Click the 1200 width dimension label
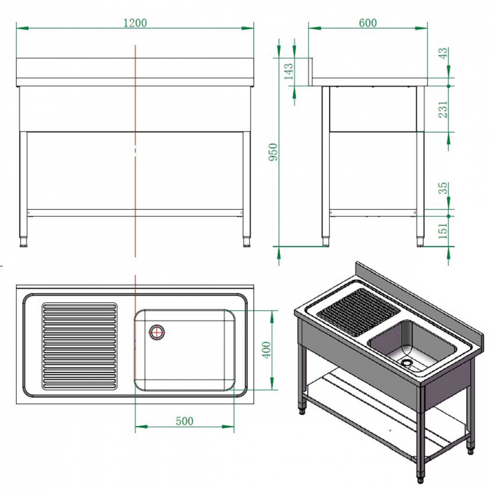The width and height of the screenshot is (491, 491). [x=135, y=22]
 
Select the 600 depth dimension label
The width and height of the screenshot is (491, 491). [x=368, y=22]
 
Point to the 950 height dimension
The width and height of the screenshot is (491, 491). [x=274, y=152]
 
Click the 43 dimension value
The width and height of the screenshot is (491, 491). [x=443, y=55]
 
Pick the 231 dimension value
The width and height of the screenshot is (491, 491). [x=443, y=109]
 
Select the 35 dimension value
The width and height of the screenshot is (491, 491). [x=443, y=189]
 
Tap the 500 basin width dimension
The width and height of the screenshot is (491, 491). [x=184, y=421]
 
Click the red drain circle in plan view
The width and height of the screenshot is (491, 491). [x=156, y=332]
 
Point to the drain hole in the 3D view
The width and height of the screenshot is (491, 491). [x=407, y=363]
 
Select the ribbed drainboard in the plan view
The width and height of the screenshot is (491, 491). [x=79, y=346]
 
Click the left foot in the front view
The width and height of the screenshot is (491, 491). [x=23, y=243]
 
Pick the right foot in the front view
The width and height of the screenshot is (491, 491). [x=247, y=243]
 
